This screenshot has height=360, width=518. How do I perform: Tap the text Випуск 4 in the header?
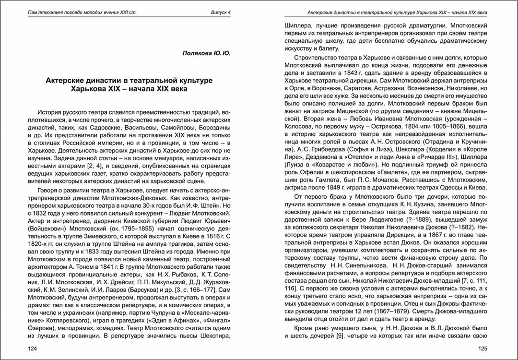click(221, 12)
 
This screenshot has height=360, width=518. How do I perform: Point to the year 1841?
click(106, 267)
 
